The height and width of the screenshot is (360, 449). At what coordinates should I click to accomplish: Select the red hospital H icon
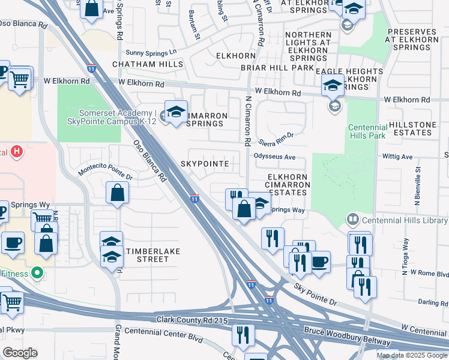pyautogui.click(x=17, y=152)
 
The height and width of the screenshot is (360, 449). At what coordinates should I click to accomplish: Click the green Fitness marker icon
pyautogui.click(x=37, y=274)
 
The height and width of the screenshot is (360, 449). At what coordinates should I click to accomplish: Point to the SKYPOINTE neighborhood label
pyautogui.click(x=204, y=164)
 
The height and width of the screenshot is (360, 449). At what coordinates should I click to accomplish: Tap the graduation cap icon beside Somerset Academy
pyautogui.click(x=176, y=112)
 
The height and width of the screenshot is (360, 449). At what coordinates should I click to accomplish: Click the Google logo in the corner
pyautogui.click(x=20, y=352)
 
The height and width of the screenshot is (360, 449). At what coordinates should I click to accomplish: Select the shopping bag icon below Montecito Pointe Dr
pyautogui.click(x=118, y=193)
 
